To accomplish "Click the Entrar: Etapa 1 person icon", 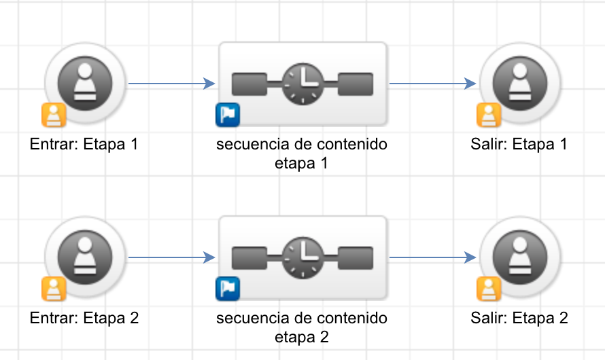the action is [x=85, y=84].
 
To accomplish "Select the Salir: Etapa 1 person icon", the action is [x=520, y=84].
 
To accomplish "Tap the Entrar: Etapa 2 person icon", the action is [x=85, y=257].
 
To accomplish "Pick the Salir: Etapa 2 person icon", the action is [x=520, y=257].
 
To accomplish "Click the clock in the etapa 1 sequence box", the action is [x=302, y=84].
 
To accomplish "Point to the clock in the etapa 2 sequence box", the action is [x=302, y=257].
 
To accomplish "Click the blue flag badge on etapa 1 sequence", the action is [x=228, y=115].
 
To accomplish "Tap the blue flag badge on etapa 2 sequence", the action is [x=228, y=289].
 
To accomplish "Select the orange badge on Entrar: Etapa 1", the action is [x=54, y=115].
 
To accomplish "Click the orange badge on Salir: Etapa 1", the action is [x=489, y=115].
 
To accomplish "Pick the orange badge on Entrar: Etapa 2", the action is [x=54, y=289].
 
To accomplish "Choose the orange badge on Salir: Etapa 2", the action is [x=489, y=289].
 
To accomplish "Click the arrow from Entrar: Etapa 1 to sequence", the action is [x=172, y=84].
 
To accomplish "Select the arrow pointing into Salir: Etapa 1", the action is [x=432, y=84].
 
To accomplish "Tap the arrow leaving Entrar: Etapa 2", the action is [x=172, y=257].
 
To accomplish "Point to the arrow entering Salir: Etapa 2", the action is [x=432, y=257].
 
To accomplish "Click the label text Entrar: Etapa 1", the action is [x=84, y=144].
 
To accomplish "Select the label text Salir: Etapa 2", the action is [x=519, y=318].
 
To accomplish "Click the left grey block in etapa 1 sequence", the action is [x=249, y=84].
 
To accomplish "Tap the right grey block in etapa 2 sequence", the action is [x=356, y=258].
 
